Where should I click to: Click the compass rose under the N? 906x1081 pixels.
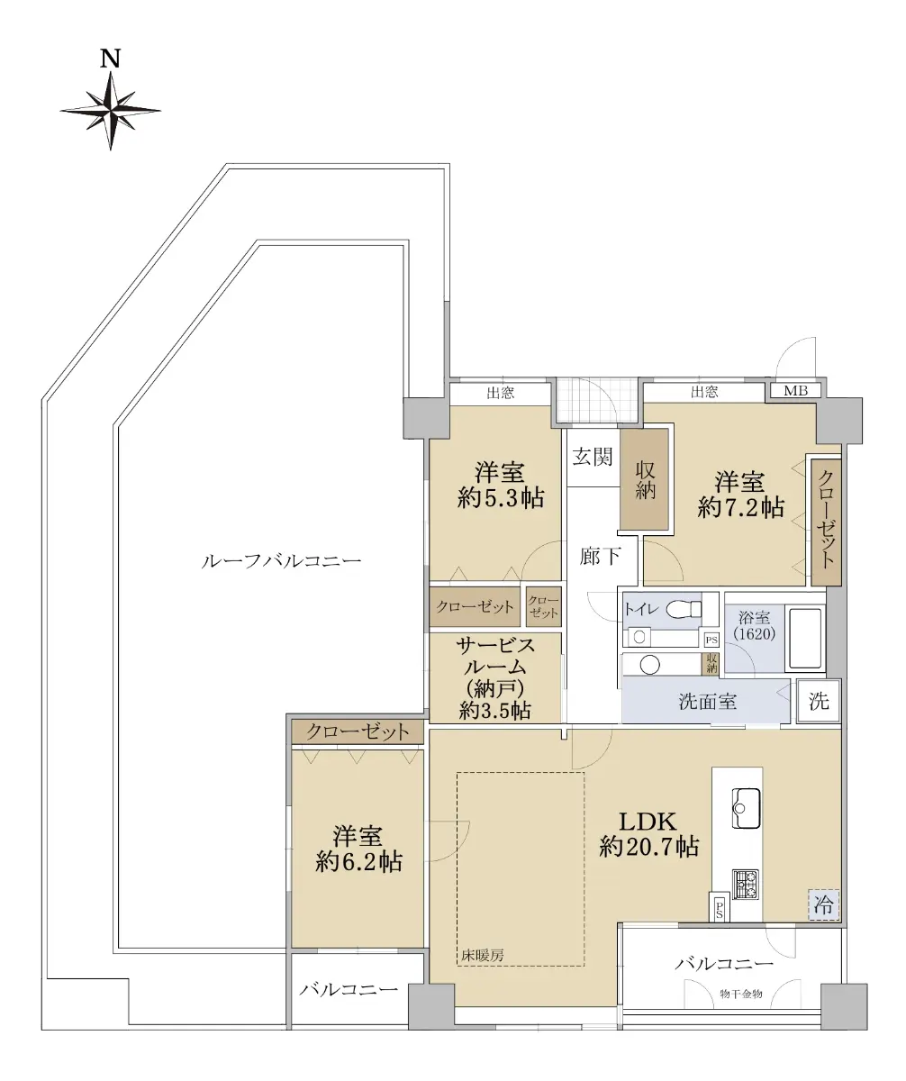110,111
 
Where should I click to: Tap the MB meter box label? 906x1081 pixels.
795,391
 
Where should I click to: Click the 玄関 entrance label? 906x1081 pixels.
593,457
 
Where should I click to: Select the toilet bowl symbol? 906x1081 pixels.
684,609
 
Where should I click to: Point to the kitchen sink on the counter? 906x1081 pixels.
746,808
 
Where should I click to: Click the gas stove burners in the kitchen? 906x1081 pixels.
746,885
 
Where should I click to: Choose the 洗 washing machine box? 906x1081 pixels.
819,701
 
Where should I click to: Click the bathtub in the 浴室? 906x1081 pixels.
804,639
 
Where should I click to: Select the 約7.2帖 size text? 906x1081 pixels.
740,507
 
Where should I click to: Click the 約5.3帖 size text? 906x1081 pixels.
501,498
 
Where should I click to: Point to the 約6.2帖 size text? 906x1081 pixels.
358,862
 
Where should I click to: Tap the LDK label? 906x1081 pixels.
648,822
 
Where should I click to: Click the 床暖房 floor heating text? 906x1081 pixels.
483,955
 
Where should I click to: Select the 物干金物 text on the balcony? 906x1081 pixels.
741,994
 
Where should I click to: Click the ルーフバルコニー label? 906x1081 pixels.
281,560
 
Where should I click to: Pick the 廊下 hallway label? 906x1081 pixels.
600,556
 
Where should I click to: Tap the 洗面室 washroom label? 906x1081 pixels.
707,702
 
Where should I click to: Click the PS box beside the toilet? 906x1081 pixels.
711,640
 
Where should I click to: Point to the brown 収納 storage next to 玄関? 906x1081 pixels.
645,479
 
